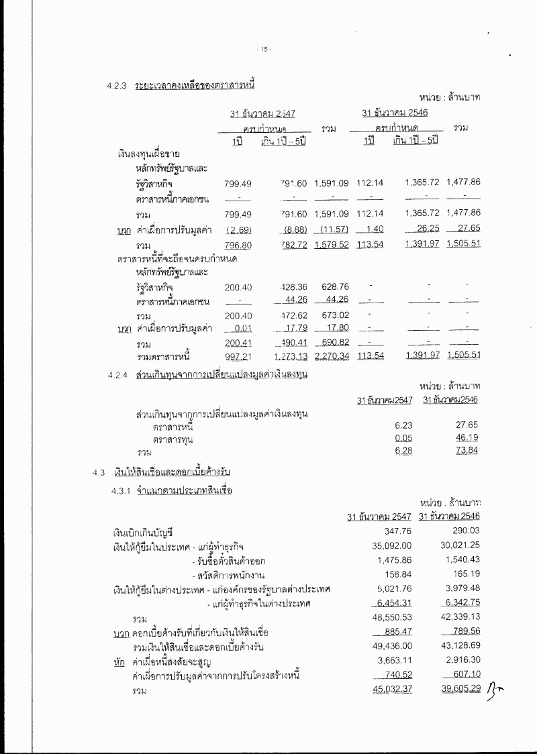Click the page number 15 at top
264,49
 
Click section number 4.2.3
116,85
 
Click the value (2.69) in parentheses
238,230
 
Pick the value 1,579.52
332,244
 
